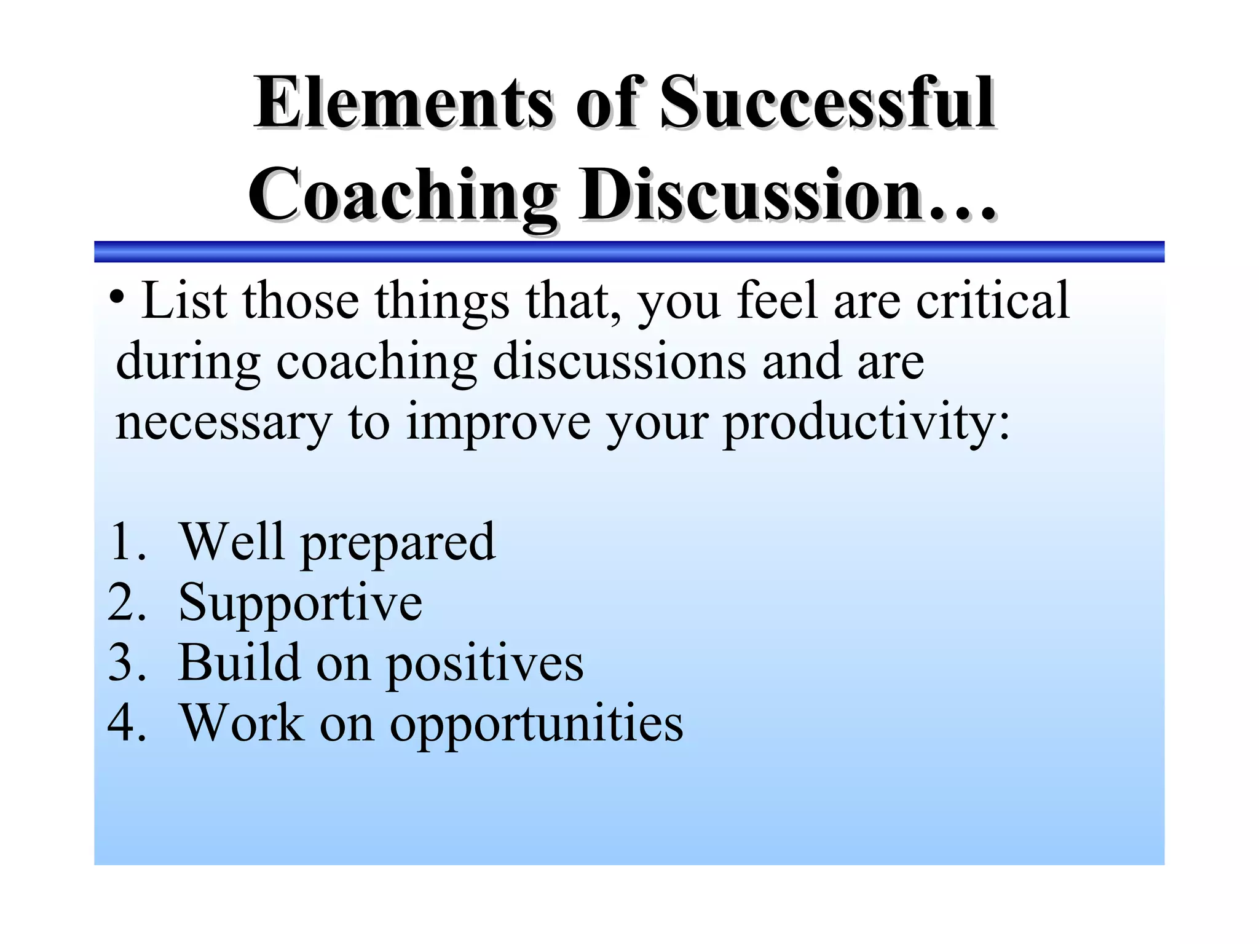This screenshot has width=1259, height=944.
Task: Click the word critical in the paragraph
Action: click(992, 301)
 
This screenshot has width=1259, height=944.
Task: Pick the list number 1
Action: click(126, 541)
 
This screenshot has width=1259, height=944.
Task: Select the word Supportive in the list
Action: click(300, 603)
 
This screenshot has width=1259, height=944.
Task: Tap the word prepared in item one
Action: click(398, 543)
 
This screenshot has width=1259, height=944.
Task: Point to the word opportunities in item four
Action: click(536, 724)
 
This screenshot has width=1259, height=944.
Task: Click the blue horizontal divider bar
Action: click(629, 251)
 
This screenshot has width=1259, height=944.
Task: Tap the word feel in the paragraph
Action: click(777, 301)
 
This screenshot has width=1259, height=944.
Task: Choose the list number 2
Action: click(126, 602)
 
